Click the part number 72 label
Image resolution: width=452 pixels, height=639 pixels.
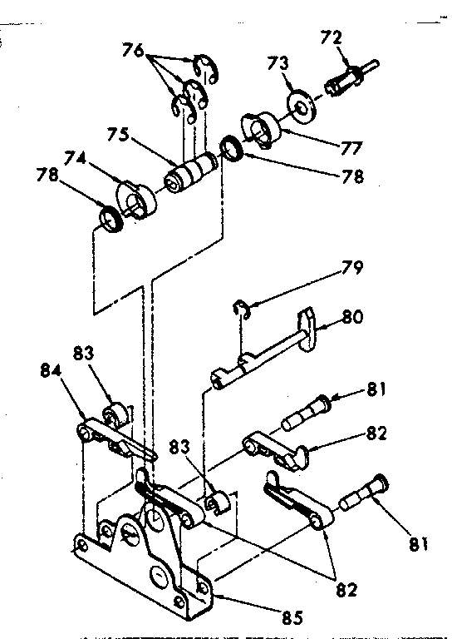[x=331, y=38]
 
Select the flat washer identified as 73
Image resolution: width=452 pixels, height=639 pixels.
[x=304, y=106]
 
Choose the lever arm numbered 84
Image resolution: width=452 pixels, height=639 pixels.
[x=116, y=437]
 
